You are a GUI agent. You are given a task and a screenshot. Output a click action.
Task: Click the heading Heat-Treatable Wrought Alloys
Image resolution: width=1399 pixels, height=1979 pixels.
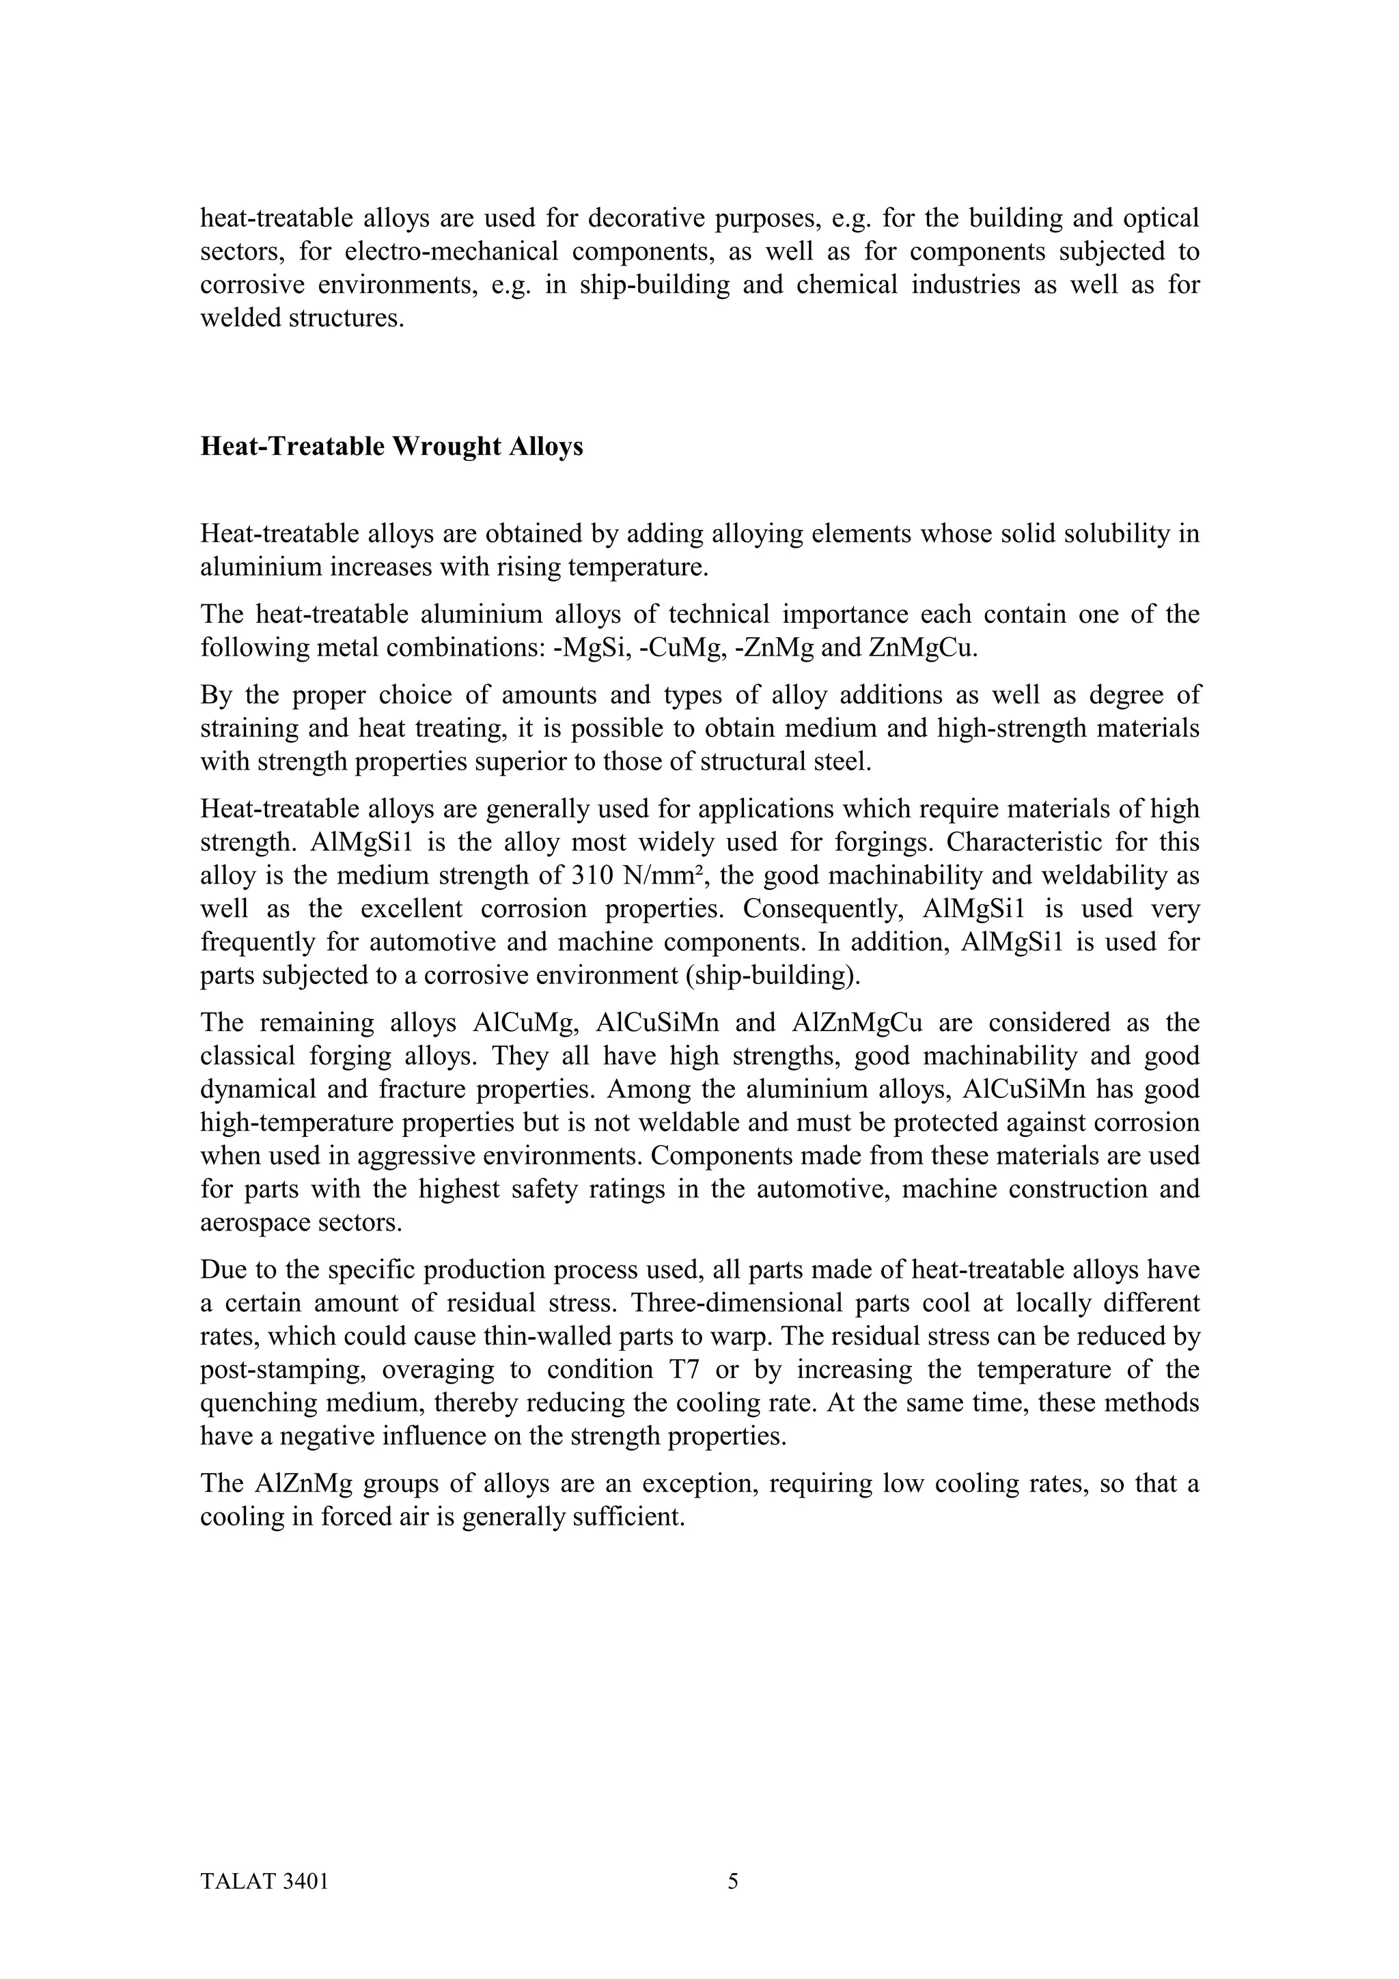391,447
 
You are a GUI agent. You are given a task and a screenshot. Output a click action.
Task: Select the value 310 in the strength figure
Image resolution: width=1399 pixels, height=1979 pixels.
592,875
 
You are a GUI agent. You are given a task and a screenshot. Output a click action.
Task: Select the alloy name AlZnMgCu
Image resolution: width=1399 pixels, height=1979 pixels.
856,1023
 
